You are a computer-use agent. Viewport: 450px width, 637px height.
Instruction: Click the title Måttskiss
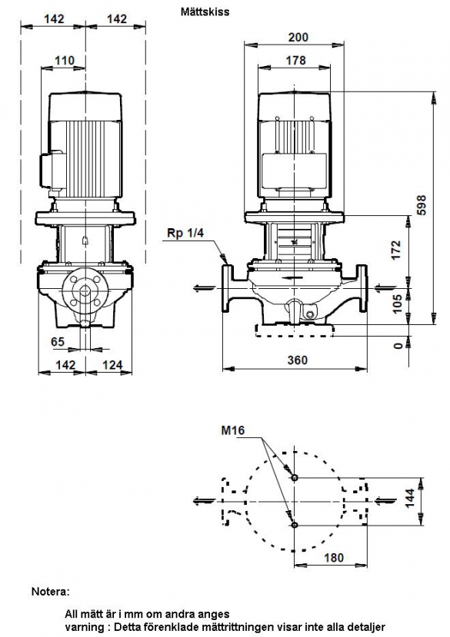click(x=205, y=12)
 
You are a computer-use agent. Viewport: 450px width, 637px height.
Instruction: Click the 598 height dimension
click(x=422, y=206)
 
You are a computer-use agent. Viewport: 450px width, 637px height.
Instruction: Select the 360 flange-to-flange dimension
click(x=298, y=360)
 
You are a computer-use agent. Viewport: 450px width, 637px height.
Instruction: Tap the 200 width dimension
click(x=298, y=37)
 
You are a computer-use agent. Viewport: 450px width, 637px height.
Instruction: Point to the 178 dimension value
click(x=295, y=60)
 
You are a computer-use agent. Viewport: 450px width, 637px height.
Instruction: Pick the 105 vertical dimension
click(x=398, y=304)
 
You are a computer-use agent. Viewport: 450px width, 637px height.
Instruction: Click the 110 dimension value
click(x=65, y=61)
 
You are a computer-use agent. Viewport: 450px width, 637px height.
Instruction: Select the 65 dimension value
click(x=58, y=341)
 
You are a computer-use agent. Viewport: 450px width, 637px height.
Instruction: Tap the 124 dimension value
click(x=112, y=364)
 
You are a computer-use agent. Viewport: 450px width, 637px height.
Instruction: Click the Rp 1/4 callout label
click(x=185, y=233)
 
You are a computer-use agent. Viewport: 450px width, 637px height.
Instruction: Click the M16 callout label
click(x=233, y=430)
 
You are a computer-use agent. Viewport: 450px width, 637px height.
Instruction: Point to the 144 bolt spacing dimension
click(x=410, y=498)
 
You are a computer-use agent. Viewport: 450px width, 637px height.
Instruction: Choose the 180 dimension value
click(x=334, y=557)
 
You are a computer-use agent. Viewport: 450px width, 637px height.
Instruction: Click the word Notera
click(x=51, y=592)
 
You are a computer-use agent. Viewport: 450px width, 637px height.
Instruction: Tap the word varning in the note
click(x=83, y=627)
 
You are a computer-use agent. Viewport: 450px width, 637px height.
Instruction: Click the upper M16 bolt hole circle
click(x=295, y=477)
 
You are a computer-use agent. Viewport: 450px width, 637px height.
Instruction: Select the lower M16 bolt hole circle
click(x=295, y=526)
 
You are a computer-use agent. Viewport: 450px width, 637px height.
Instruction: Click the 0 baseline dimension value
click(x=398, y=345)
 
